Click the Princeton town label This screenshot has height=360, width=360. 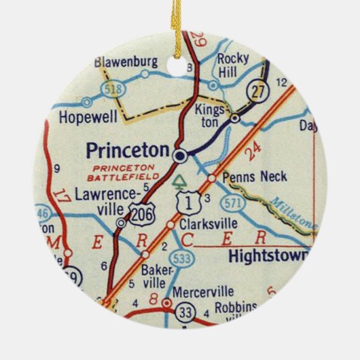(127, 149)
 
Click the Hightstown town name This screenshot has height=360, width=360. (269, 257)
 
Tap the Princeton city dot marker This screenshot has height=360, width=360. (179, 156)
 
